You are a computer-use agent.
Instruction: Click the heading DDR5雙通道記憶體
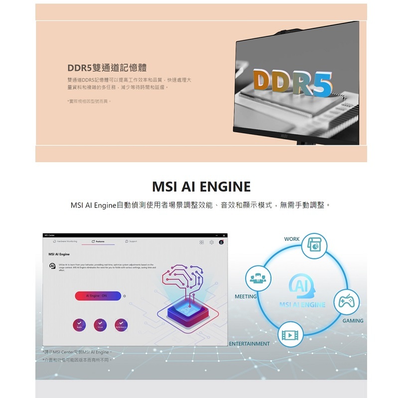107,68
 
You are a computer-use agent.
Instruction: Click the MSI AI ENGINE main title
201,187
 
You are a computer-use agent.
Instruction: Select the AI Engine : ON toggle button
98,296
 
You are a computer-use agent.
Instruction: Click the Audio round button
79,324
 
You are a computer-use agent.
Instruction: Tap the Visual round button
100,324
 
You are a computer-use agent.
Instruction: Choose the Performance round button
121,324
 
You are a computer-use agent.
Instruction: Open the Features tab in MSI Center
98,241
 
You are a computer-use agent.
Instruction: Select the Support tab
132,241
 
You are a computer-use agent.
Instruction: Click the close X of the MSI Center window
224,235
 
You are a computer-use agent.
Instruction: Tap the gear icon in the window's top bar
211,242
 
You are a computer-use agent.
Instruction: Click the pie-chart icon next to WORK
315,246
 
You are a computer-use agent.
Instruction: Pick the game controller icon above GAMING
346,302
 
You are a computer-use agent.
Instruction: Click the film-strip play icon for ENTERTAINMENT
290,334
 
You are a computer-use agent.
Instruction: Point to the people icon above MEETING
258,278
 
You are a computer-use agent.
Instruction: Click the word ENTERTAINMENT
249,344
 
